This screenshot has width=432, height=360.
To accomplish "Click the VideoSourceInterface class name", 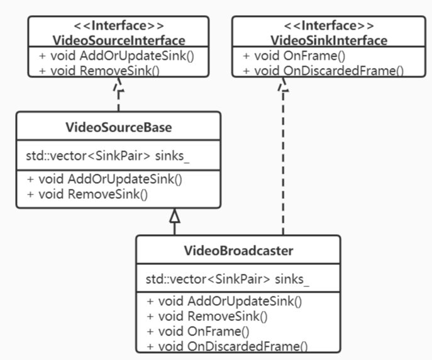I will [118, 40].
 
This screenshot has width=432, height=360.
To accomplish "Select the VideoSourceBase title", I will [118, 128].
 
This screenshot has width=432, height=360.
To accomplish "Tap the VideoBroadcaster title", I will [238, 250].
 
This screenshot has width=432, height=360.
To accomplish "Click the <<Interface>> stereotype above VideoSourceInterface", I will [118, 26].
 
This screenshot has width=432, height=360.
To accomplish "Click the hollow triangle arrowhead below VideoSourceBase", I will [175, 216].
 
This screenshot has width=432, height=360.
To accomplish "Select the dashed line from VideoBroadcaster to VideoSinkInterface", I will [284, 164].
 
